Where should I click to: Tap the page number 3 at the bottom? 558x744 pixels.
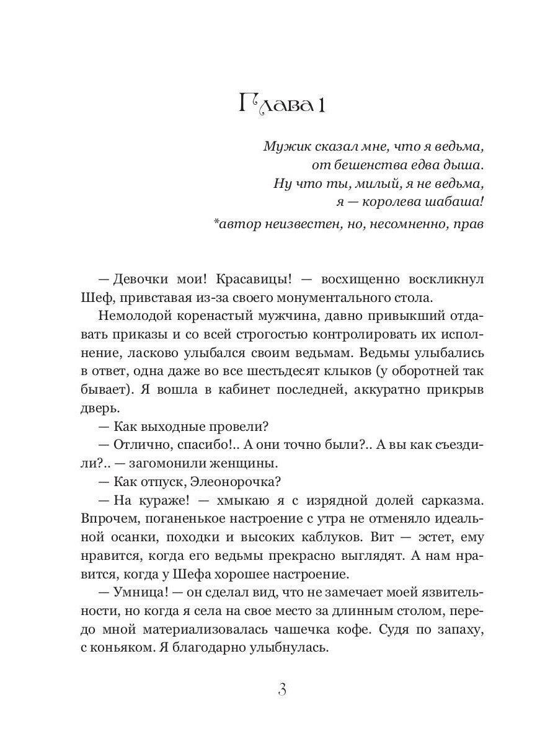point(282,689)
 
